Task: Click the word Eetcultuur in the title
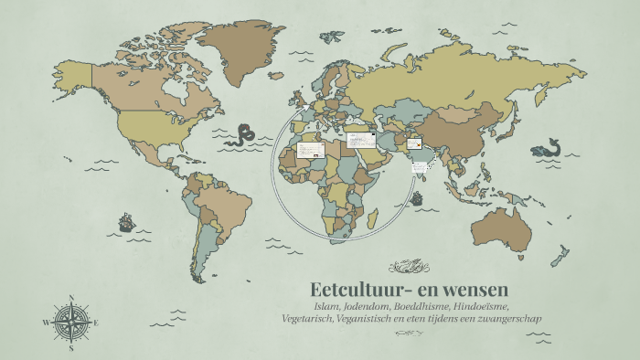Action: [353, 290]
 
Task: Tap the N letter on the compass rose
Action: [70, 296]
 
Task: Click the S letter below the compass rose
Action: [70, 348]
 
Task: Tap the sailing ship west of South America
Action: [125, 221]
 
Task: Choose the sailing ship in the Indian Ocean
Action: [417, 197]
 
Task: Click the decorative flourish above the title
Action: [409, 267]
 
